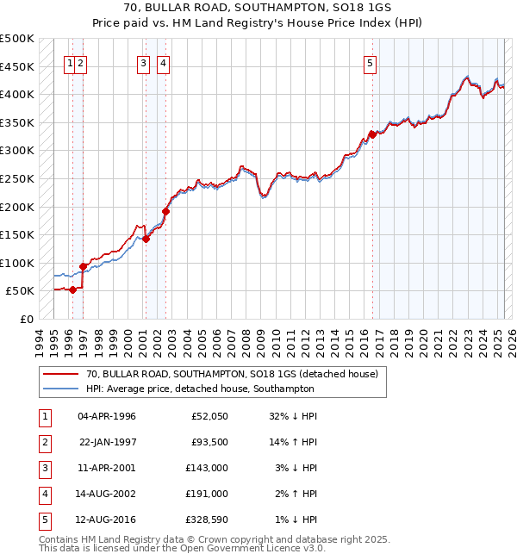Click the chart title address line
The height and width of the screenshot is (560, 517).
[258, 9]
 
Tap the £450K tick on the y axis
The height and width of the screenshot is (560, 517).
[17, 66]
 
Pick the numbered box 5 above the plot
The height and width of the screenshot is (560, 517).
[370, 62]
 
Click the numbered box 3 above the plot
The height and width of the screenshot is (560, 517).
[143, 62]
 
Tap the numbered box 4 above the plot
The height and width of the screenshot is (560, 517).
[163, 62]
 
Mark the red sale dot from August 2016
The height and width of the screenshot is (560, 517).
[372, 134]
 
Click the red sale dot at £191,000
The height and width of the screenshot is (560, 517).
[166, 211]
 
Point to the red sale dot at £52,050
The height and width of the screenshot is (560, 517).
[72, 289]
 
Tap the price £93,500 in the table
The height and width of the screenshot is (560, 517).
[209, 442]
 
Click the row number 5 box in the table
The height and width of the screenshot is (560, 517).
[43, 520]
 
